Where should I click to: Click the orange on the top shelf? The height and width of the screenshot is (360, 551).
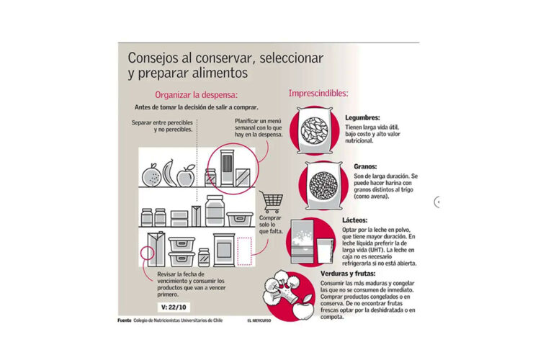[151, 176]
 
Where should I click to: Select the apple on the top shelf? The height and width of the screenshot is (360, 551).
[186, 175]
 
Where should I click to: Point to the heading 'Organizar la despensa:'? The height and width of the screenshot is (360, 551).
[196, 94]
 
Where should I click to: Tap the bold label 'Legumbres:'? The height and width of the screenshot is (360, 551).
[362, 117]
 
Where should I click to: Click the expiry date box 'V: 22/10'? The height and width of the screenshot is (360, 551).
[173, 307]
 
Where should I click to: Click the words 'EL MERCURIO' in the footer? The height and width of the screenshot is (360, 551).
[259, 320]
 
